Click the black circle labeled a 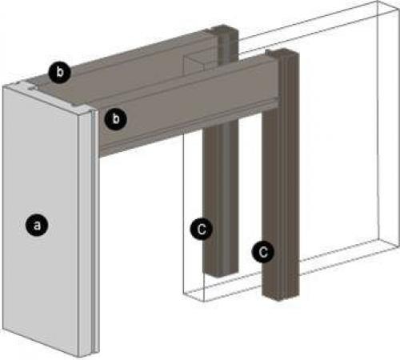[37, 225]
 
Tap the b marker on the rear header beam [60, 72]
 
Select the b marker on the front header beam [115, 118]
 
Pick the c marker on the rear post [202, 229]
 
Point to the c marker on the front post [263, 251]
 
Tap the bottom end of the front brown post [280, 297]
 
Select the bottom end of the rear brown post [220, 274]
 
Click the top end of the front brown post [282, 52]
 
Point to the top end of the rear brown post [223, 28]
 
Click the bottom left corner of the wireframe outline [184, 294]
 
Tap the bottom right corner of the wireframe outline [395, 247]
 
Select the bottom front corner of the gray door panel [78, 357]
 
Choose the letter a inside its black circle [37, 226]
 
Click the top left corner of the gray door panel [3, 87]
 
